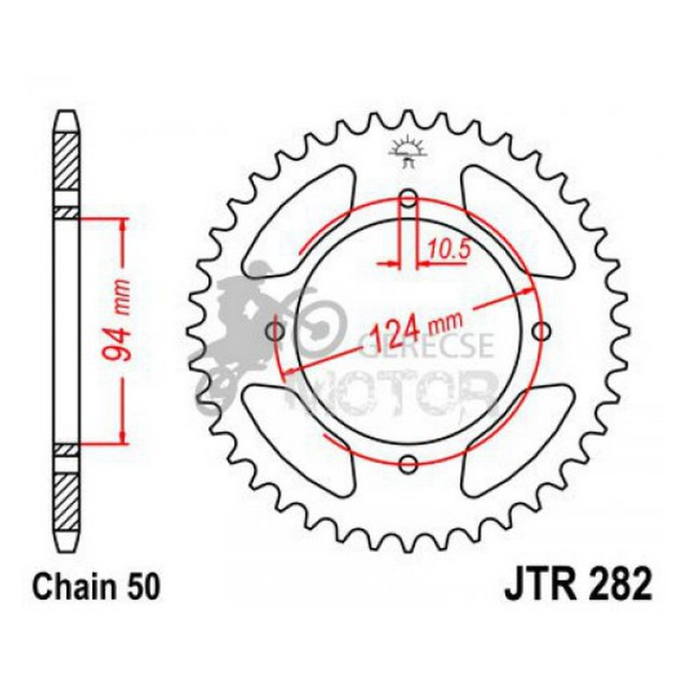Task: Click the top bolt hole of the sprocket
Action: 408,198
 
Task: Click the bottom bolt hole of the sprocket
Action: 408,463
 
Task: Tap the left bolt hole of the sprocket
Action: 276,332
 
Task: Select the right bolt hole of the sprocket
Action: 541,331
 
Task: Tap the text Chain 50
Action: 96,589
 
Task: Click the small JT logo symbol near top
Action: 408,153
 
